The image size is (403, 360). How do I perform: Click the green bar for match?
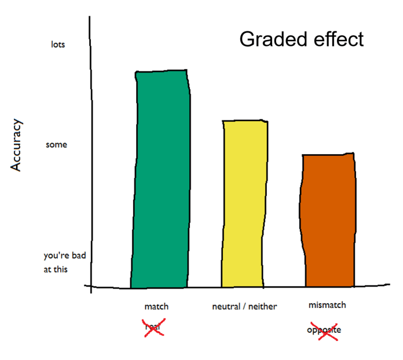(x=161, y=180)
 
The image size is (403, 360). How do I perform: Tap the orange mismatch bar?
(x=328, y=220)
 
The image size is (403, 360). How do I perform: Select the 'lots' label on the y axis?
(x=58, y=45)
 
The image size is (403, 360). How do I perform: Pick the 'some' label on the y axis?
(x=56, y=144)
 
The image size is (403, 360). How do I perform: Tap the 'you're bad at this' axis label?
(x=64, y=263)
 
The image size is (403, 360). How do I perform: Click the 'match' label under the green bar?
(x=156, y=306)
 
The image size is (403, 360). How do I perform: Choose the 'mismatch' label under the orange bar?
(x=327, y=305)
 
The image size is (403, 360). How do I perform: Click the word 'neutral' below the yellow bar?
(x=227, y=306)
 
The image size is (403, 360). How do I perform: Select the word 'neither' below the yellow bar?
(x=264, y=306)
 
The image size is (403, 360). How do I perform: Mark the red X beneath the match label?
(x=153, y=328)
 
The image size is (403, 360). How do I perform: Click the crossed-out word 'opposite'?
(x=324, y=330)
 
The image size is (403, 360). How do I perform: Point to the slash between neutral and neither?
(x=246, y=306)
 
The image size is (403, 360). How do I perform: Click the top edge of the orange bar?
(x=328, y=154)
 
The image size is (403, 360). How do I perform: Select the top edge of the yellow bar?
(x=245, y=121)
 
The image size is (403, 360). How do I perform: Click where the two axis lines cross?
(x=91, y=286)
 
